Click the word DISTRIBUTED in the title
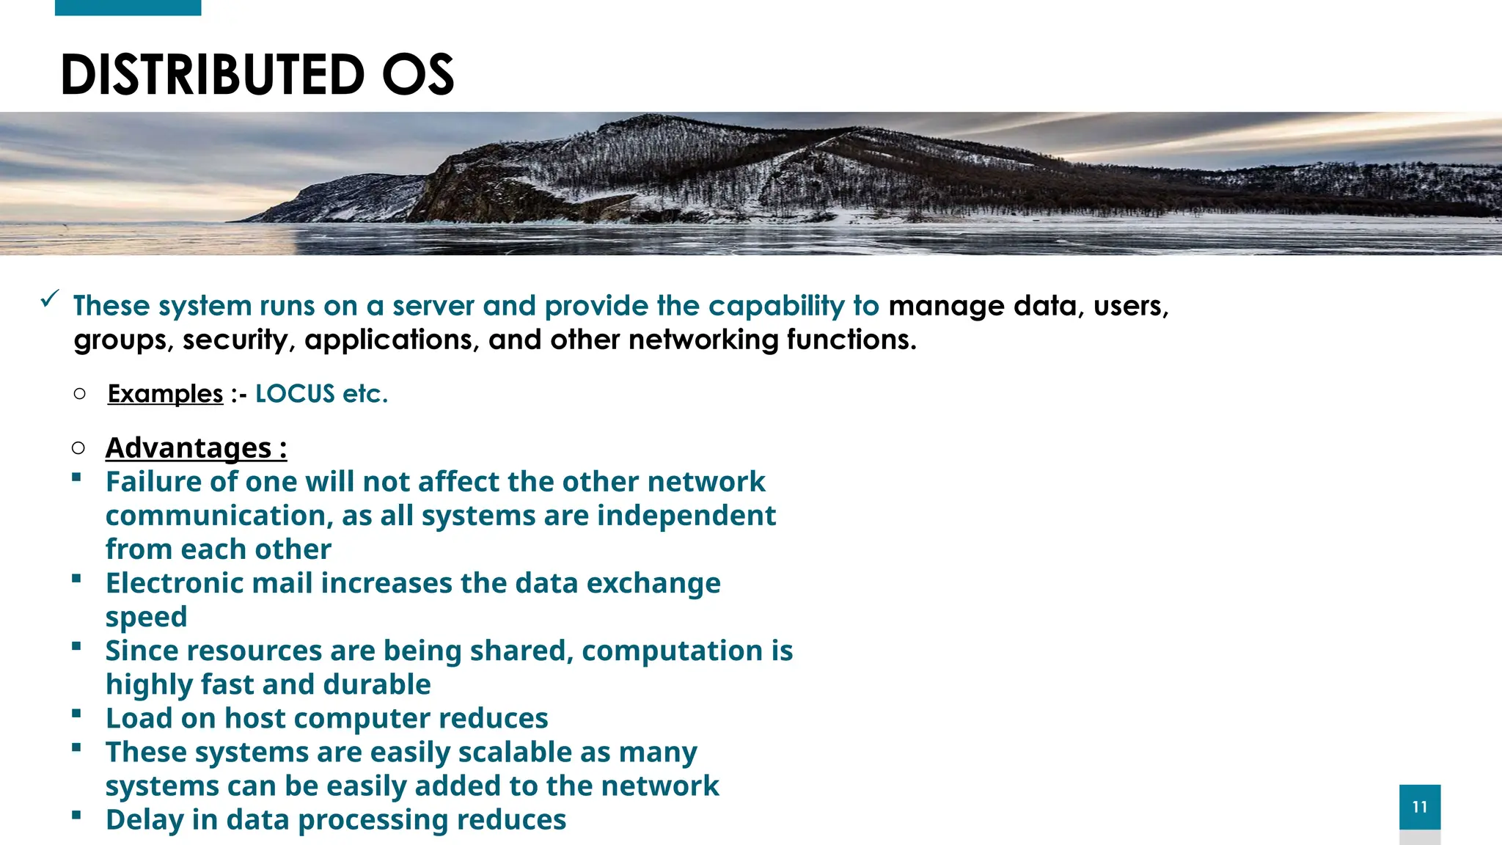(x=212, y=75)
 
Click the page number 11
(x=1419, y=807)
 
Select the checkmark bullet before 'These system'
(x=50, y=299)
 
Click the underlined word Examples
(x=165, y=394)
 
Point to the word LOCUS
(x=295, y=394)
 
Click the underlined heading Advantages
(x=188, y=447)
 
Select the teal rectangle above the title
(x=128, y=7)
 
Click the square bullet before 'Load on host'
(x=76, y=713)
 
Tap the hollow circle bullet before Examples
(x=80, y=394)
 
